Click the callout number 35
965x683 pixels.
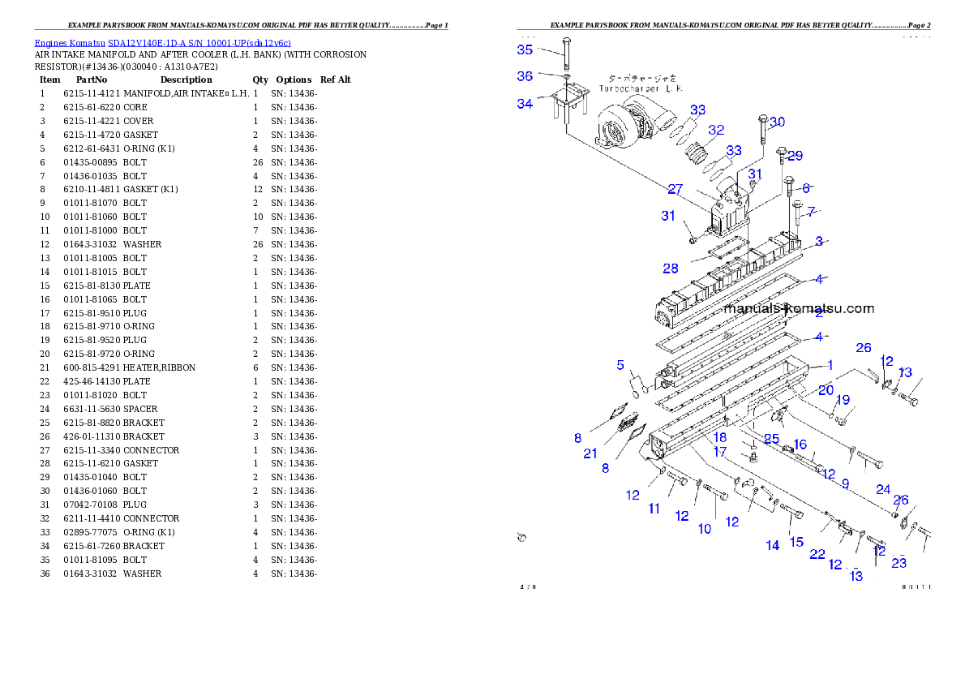(x=525, y=50)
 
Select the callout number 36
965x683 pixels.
(x=525, y=76)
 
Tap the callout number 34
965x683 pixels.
(x=525, y=104)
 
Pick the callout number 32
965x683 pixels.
(x=715, y=130)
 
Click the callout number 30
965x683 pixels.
(x=777, y=122)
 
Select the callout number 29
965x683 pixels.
(x=795, y=156)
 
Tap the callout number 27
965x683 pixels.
(x=675, y=190)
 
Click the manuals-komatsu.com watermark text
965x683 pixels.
(x=800, y=308)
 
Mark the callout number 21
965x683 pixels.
(x=590, y=454)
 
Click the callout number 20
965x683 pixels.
(x=826, y=390)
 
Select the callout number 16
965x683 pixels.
(x=800, y=445)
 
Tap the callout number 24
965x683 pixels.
(x=883, y=489)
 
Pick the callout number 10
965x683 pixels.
(x=705, y=529)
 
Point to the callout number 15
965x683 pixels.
(x=797, y=542)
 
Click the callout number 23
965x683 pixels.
(x=899, y=563)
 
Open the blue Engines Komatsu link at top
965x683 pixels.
(x=162, y=42)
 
